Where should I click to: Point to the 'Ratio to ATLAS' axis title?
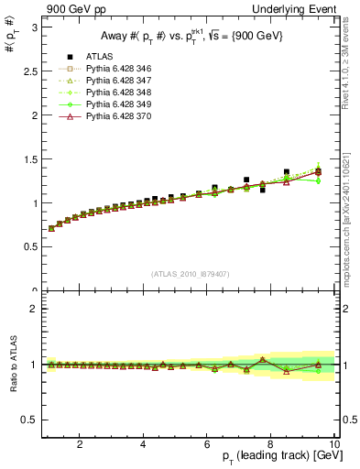click(x=12, y=365)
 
